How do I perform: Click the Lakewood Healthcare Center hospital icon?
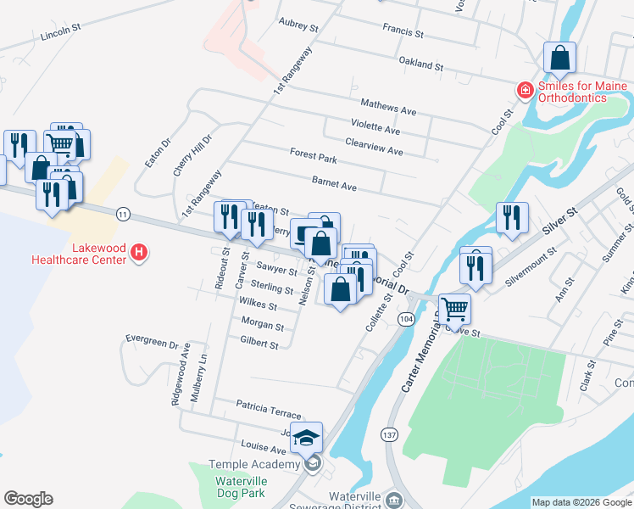click(141, 252)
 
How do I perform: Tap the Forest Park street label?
click(313, 156)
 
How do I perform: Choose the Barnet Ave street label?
click(334, 184)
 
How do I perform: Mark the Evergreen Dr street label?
click(152, 342)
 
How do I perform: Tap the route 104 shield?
click(405, 318)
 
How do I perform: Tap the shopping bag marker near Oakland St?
click(560, 59)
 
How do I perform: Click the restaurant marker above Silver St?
click(512, 218)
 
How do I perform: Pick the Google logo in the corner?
click(28, 499)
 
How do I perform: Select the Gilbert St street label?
click(259, 344)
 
